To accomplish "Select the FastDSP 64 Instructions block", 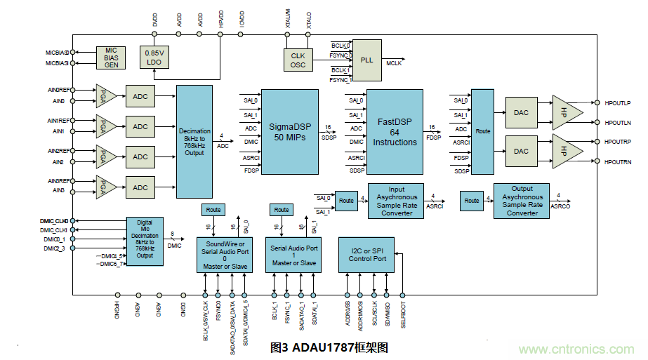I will [395, 131].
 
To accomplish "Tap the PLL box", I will [366, 60].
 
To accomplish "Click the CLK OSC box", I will [298, 60].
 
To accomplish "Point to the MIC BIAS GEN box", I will [111, 58].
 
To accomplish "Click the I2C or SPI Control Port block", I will [367, 254].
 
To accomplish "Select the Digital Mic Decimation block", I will [145, 241].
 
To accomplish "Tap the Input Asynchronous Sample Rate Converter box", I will [397, 201].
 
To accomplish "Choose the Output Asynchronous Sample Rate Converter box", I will [522, 201].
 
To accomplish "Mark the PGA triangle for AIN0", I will [105, 96].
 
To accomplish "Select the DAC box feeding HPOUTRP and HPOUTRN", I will [521, 151].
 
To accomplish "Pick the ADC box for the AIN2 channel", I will [140, 157].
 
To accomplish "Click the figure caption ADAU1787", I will [329, 347].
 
